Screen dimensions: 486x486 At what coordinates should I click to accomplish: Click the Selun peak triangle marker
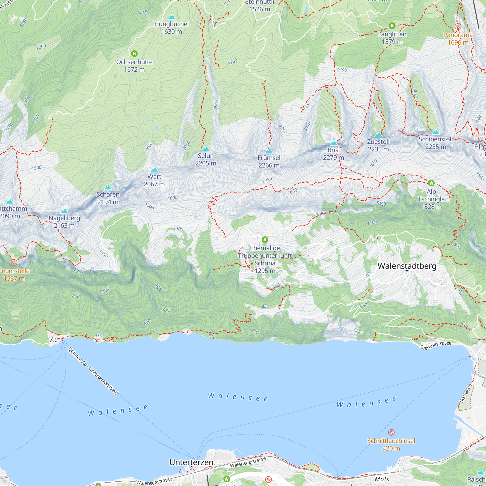(206, 149)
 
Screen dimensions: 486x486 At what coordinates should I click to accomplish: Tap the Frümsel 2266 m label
(269, 162)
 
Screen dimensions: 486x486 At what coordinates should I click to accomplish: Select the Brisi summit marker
(334, 143)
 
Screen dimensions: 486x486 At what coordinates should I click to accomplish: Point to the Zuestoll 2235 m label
(378, 145)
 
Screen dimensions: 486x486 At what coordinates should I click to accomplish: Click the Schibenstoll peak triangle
(436, 132)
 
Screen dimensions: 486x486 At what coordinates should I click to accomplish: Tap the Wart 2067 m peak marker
(154, 170)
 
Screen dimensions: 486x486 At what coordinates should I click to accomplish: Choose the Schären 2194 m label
(108, 198)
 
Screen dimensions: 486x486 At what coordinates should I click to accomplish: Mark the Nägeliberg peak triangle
(64, 211)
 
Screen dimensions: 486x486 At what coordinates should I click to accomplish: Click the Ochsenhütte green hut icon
(134, 53)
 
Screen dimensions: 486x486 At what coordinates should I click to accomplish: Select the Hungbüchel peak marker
(172, 17)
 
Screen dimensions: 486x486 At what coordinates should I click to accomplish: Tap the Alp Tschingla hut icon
(431, 183)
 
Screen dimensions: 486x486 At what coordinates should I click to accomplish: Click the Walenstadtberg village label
(407, 266)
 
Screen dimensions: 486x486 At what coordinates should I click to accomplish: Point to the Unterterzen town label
(191, 462)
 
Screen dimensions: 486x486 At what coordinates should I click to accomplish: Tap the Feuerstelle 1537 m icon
(14, 262)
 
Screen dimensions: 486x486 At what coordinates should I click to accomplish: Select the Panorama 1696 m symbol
(458, 26)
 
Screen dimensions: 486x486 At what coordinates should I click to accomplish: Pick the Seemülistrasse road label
(435, 345)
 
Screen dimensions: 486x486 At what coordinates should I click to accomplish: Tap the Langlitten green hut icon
(392, 26)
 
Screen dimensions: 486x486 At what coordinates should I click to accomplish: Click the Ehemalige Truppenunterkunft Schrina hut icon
(265, 240)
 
